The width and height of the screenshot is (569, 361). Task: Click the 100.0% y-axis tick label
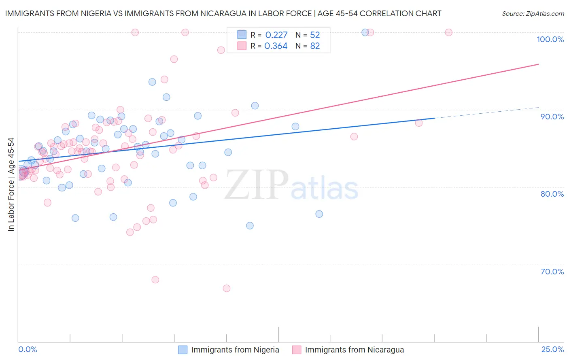coord(550,39)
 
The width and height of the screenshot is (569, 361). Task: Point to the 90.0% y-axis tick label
coord(552,117)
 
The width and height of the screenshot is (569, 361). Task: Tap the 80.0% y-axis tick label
coord(552,194)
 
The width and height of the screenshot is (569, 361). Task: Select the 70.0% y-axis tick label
coord(552,272)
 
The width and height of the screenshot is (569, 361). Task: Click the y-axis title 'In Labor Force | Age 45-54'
coord(11,185)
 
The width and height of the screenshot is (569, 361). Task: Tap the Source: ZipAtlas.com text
coord(533,14)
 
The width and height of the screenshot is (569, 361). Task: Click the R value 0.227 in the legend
coord(276,35)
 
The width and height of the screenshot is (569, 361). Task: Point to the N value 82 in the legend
coord(315,46)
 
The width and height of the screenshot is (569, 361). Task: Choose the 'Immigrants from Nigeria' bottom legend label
coord(235,350)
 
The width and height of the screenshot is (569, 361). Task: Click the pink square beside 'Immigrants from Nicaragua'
coord(297,350)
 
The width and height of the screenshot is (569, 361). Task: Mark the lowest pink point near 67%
coord(227,288)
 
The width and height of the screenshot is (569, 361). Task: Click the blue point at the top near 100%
coord(365,32)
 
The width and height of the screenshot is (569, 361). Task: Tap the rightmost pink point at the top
coord(448,32)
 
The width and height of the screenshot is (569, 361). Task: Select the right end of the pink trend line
coord(538,64)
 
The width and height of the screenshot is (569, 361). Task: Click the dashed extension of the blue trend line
coord(486,113)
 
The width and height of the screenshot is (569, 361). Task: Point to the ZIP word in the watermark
coord(256,185)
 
